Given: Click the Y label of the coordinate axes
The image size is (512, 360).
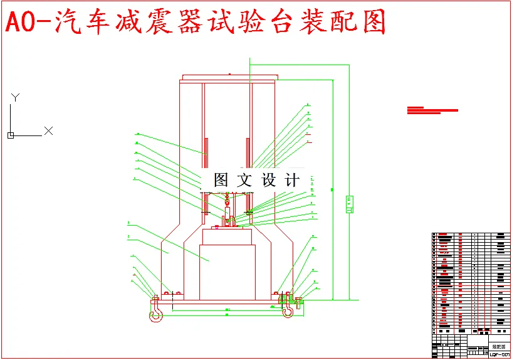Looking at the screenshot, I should point(16,97).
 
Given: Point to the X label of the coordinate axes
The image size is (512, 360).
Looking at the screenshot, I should point(48,131).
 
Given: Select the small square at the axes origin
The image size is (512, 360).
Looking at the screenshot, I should point(11,135).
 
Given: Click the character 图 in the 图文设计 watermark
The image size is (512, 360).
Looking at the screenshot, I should point(221,180).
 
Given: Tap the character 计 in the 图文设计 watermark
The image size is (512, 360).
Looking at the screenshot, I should point(292,180).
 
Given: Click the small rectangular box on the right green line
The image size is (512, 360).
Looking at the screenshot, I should point(349,204).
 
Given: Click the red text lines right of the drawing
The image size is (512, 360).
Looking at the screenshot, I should point(432,110).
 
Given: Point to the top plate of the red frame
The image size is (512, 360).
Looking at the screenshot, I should point(227,78).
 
